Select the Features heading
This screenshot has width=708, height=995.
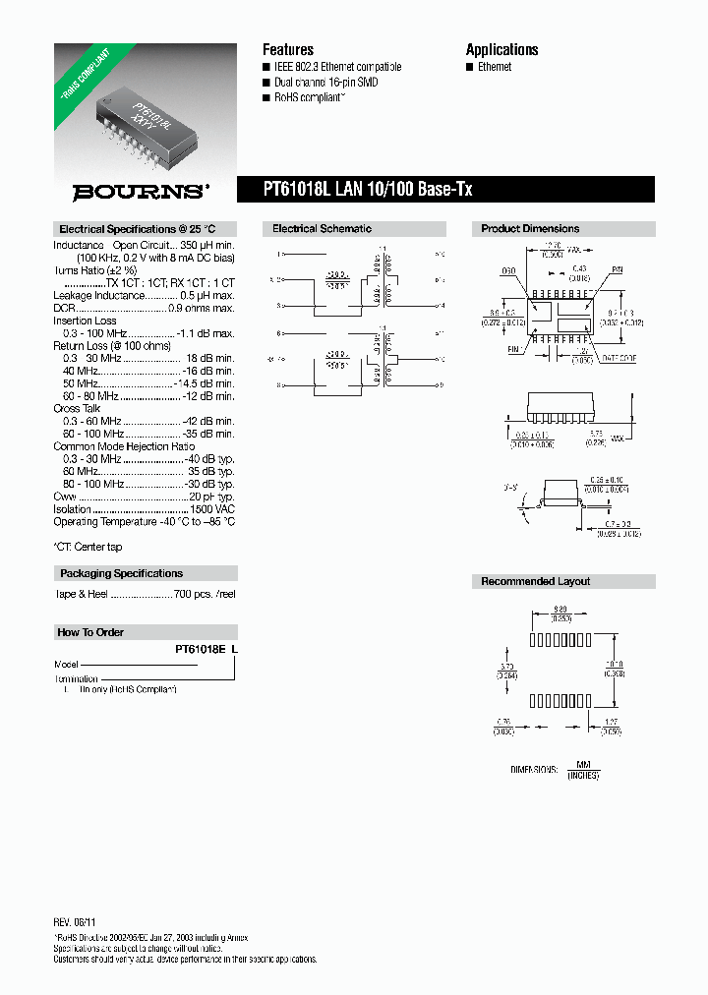click(287, 49)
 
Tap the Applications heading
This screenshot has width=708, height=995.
click(501, 49)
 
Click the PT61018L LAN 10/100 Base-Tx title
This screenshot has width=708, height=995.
click(368, 189)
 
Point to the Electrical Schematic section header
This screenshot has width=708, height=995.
click(322, 229)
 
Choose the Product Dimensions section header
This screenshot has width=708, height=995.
click(530, 229)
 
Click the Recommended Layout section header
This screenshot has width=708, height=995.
click(535, 582)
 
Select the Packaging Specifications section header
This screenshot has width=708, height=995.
click(121, 573)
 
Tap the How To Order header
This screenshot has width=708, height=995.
click(90, 632)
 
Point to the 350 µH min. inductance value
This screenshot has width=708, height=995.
click(207, 245)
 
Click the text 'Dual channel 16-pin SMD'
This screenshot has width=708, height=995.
click(325, 83)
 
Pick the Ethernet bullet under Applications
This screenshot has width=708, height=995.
click(495, 67)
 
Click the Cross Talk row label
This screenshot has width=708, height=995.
click(78, 408)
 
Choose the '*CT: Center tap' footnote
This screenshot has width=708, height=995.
click(88, 547)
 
